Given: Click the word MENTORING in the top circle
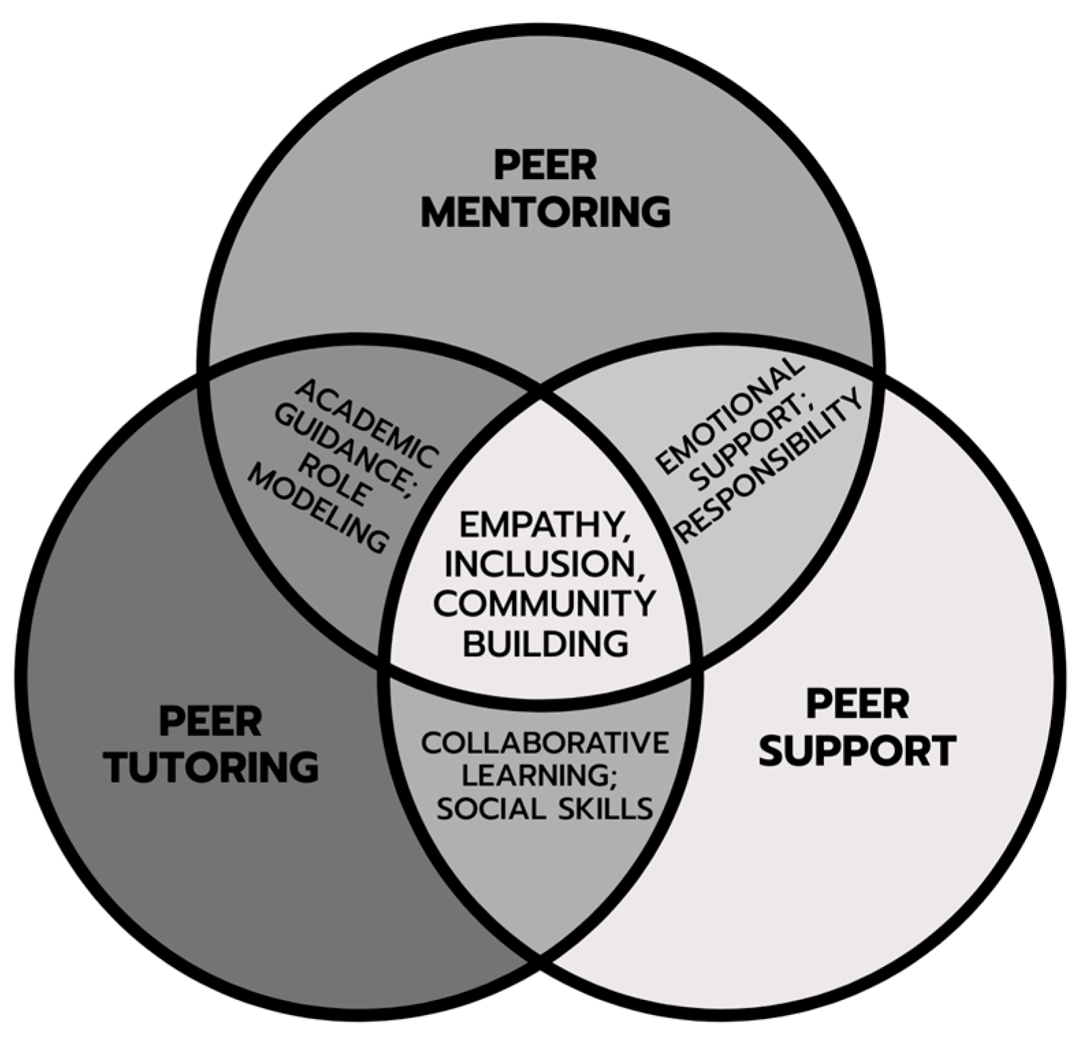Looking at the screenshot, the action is coord(545,212).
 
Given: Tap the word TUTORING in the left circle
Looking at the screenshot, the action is coord(212,767).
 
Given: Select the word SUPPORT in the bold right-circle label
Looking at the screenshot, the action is coord(857,751).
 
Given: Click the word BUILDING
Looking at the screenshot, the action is coord(545,643).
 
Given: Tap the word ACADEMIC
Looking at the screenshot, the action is coord(368,424).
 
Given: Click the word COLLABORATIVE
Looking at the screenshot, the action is coord(545,743).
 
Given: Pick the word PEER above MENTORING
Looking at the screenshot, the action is coord(545,166).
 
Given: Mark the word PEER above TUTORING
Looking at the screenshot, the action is coord(210,721).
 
